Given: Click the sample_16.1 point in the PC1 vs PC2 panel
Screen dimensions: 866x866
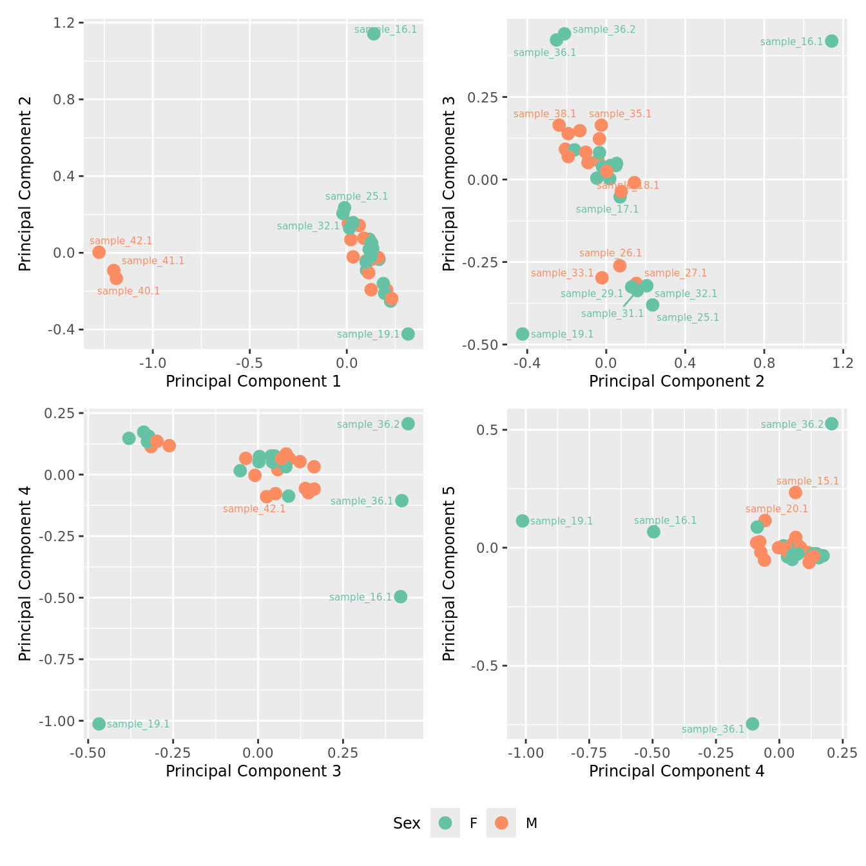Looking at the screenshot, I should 374,34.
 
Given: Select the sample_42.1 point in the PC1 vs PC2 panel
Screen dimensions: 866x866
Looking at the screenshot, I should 99,252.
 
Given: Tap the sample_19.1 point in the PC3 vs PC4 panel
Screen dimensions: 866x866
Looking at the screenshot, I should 99,724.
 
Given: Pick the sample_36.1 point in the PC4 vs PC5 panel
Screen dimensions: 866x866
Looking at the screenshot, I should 752,724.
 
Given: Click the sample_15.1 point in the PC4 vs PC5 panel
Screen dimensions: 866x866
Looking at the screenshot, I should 795,492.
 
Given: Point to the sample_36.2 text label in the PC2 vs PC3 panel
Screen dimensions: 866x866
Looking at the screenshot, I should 604,30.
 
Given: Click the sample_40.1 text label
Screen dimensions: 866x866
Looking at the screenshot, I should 128,291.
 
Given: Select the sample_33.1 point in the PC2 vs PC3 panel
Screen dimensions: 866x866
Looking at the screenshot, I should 602,278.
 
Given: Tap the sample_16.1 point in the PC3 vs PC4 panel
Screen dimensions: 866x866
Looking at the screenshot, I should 400,597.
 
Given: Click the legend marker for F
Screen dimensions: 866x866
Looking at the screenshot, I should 445,823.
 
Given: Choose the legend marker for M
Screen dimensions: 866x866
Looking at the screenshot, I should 501,823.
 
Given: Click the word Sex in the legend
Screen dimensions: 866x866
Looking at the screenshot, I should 407,823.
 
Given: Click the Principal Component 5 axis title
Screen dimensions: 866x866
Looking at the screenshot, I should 449,573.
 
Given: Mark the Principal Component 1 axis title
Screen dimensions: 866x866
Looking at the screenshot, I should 253,381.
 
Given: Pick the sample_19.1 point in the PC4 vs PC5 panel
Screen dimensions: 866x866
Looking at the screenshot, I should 523,521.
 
